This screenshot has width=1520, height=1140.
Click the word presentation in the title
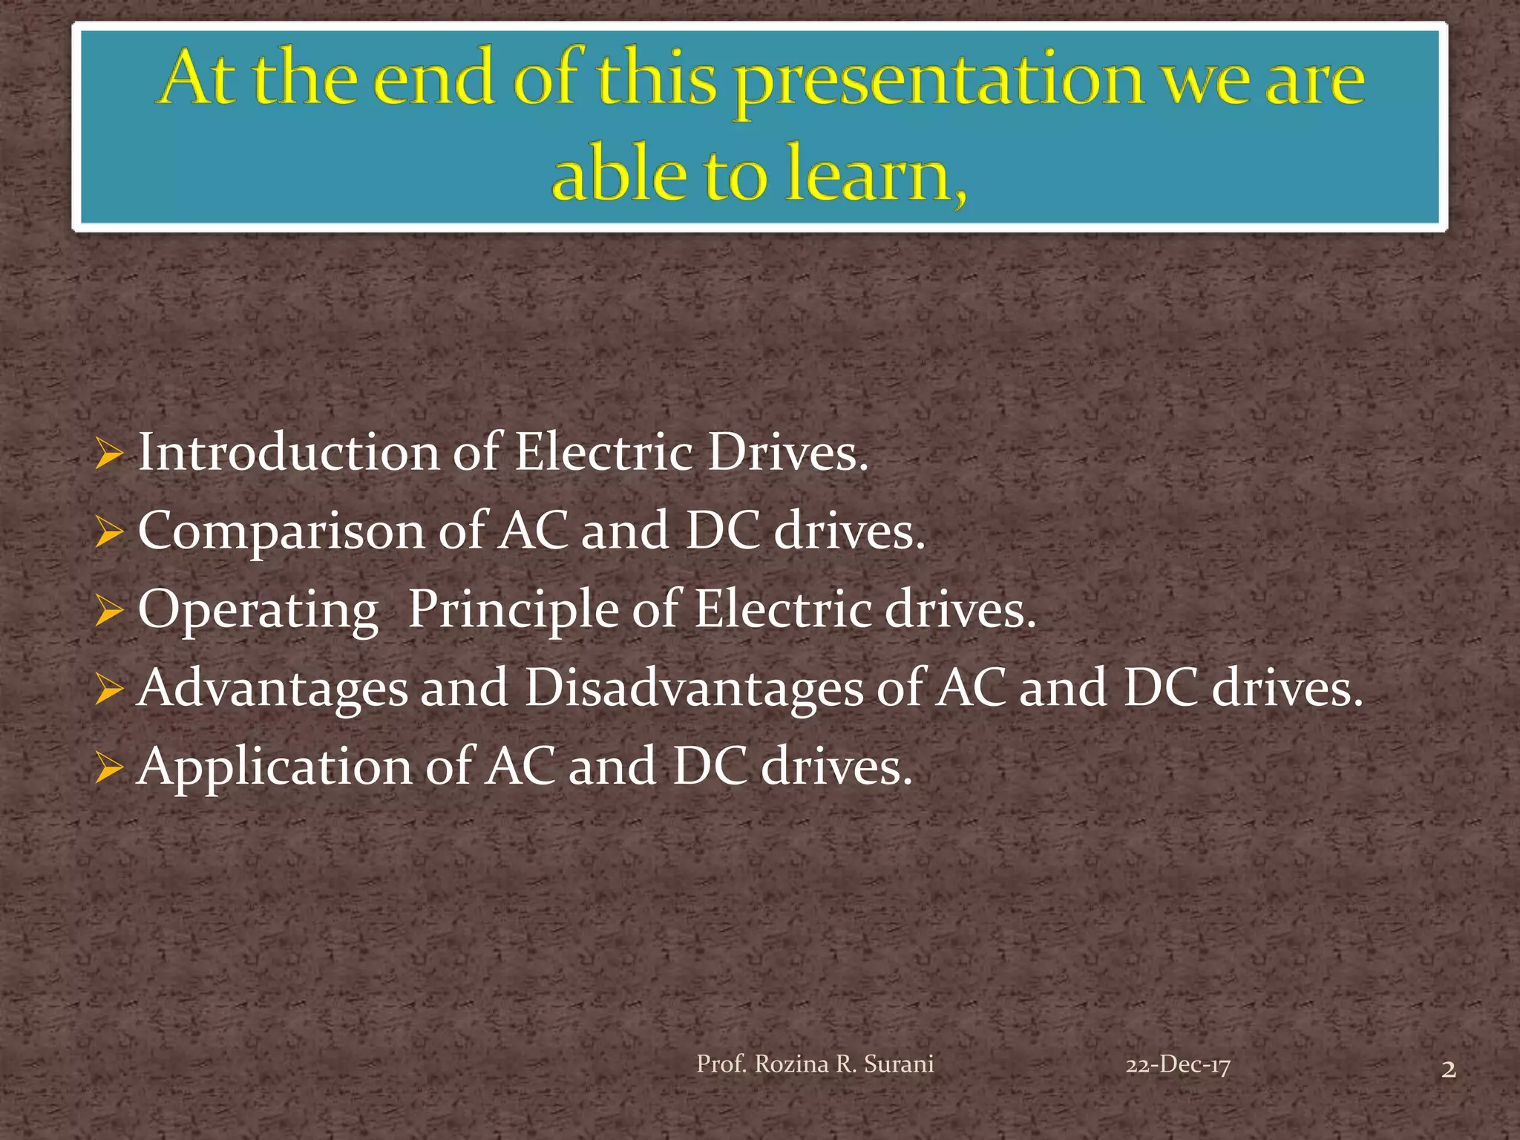[939, 82]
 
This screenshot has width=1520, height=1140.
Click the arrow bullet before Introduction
[109, 454]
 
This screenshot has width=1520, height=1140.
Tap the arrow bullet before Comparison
[109, 533]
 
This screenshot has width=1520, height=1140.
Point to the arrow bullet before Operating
[109, 612]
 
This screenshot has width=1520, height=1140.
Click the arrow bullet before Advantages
[109, 690]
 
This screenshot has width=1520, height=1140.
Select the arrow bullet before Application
[109, 769]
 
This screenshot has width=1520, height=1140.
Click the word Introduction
[289, 453]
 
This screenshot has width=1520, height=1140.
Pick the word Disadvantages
[694, 688]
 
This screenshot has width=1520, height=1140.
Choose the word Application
[275, 768]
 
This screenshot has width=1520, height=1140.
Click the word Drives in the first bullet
[787, 453]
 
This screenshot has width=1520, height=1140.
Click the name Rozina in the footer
[791, 1064]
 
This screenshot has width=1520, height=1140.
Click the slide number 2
[1448, 1069]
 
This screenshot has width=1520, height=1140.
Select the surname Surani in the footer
[899, 1064]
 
